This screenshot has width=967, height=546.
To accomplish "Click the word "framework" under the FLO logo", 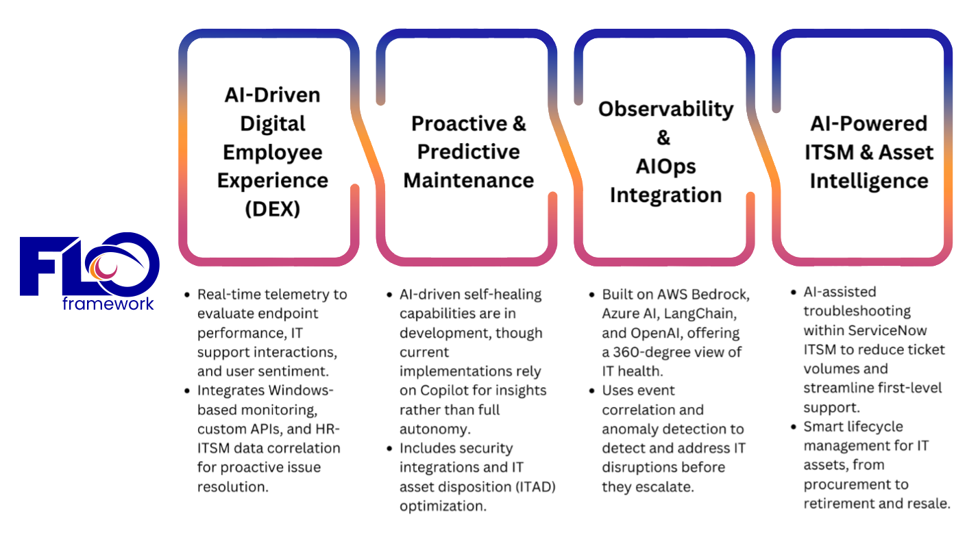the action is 108,304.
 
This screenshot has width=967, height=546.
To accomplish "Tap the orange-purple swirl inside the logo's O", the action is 103,266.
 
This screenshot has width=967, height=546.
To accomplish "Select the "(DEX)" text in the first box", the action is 272,209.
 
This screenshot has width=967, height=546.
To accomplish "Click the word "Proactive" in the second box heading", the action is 459,124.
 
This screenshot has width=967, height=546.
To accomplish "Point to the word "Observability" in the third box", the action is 665,109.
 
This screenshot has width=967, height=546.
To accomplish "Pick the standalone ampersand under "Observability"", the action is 663,138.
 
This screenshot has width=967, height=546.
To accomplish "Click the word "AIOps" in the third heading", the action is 665,166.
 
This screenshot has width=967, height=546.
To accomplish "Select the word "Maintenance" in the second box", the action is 468,180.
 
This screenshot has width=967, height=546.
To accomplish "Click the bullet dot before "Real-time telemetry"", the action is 187,295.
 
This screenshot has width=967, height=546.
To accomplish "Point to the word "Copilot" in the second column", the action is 445,390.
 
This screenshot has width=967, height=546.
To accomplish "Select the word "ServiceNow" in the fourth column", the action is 887,331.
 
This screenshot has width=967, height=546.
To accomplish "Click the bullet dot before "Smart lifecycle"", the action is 794,427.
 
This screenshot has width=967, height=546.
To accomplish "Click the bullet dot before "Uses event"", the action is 592,391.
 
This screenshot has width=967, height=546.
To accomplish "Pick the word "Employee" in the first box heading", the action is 272,153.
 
